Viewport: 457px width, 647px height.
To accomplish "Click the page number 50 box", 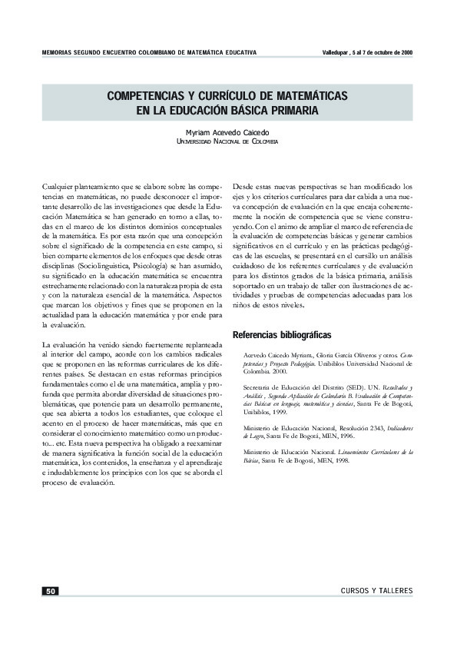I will tap(50, 591).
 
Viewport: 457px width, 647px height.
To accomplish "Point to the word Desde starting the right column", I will tap(244, 186).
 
